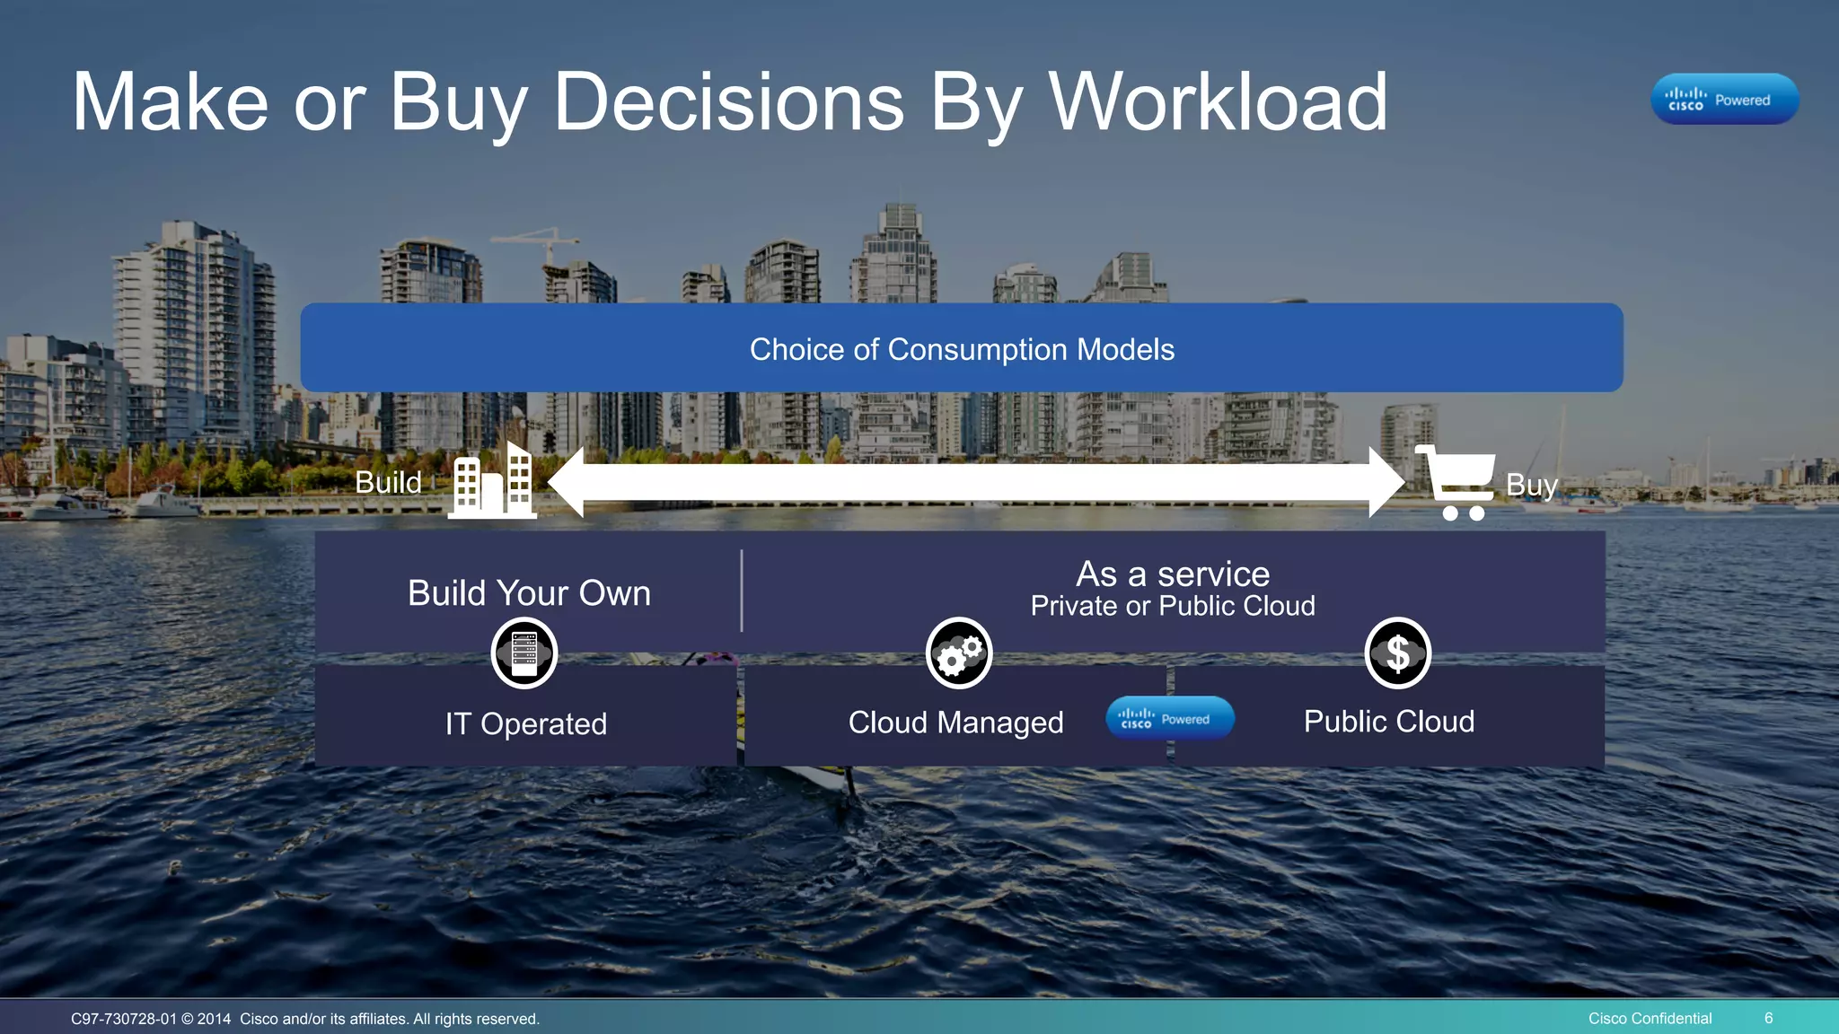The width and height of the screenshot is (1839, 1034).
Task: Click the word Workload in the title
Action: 1218,102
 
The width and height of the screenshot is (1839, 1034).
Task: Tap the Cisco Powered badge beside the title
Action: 1724,99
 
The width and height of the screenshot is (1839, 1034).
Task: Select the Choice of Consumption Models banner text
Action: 962,349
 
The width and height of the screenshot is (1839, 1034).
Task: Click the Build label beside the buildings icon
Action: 388,483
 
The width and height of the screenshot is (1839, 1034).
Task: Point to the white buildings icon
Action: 493,482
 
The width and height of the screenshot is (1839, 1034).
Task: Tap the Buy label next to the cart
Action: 1531,485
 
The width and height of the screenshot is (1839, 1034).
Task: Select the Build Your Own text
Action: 529,593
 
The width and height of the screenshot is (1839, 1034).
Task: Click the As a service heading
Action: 1173,574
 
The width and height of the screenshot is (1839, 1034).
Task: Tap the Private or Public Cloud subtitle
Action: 1173,606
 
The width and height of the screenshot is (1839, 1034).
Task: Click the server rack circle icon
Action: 524,653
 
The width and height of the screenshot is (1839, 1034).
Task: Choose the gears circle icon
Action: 959,653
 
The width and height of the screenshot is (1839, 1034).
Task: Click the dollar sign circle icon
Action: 1397,653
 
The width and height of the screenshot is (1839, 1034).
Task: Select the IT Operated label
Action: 526,723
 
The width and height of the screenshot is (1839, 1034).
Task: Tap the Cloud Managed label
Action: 955,722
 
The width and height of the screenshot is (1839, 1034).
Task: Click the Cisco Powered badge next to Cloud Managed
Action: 1169,718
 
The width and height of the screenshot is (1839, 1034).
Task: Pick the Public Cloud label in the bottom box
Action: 1388,721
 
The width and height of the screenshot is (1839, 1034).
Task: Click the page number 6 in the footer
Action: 1768,1018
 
